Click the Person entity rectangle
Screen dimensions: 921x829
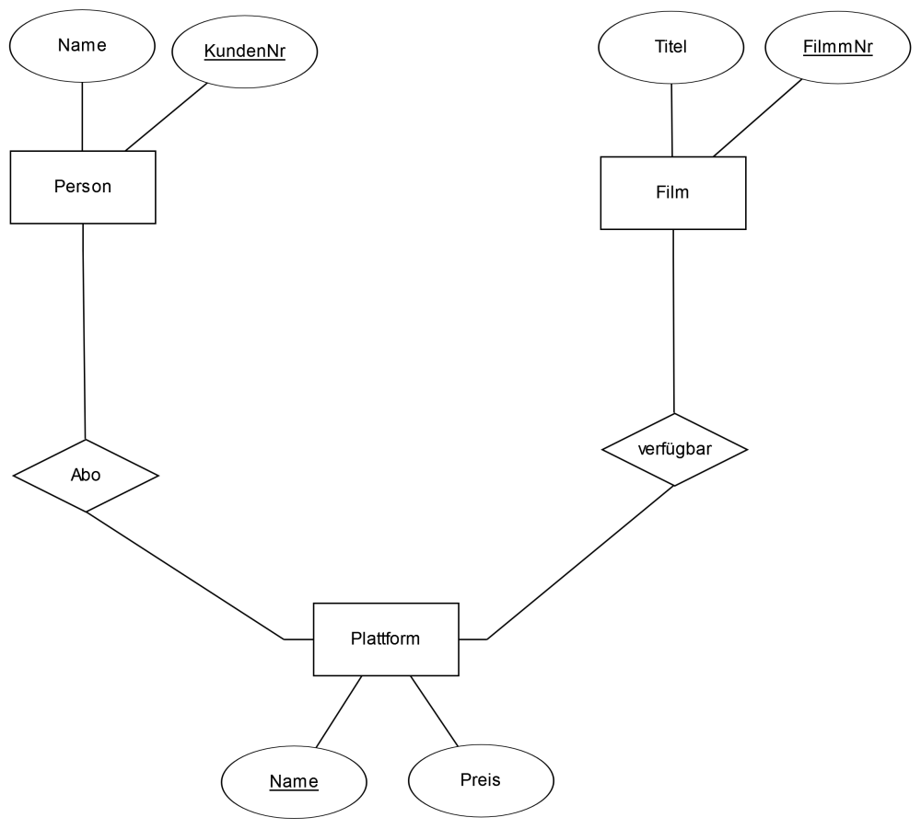[83, 187]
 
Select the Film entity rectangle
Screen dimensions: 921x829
[673, 193]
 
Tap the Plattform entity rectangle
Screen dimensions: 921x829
[386, 639]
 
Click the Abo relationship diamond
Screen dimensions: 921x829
[86, 476]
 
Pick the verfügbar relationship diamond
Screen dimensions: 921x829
[675, 450]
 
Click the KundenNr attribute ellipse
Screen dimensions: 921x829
[245, 52]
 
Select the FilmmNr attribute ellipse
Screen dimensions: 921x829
[838, 47]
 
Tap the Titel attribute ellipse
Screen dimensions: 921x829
[671, 47]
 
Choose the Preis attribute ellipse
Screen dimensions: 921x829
[481, 781]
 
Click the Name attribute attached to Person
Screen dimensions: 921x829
[82, 46]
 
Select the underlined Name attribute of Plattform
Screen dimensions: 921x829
[295, 782]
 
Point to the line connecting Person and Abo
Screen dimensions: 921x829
[84, 331]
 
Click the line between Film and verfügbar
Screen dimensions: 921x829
[674, 321]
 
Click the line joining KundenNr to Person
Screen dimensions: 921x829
[166, 117]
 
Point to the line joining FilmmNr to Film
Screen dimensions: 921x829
[758, 118]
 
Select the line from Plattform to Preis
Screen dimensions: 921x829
[434, 711]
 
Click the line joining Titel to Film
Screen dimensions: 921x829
[672, 121]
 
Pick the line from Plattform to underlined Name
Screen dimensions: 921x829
[339, 711]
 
